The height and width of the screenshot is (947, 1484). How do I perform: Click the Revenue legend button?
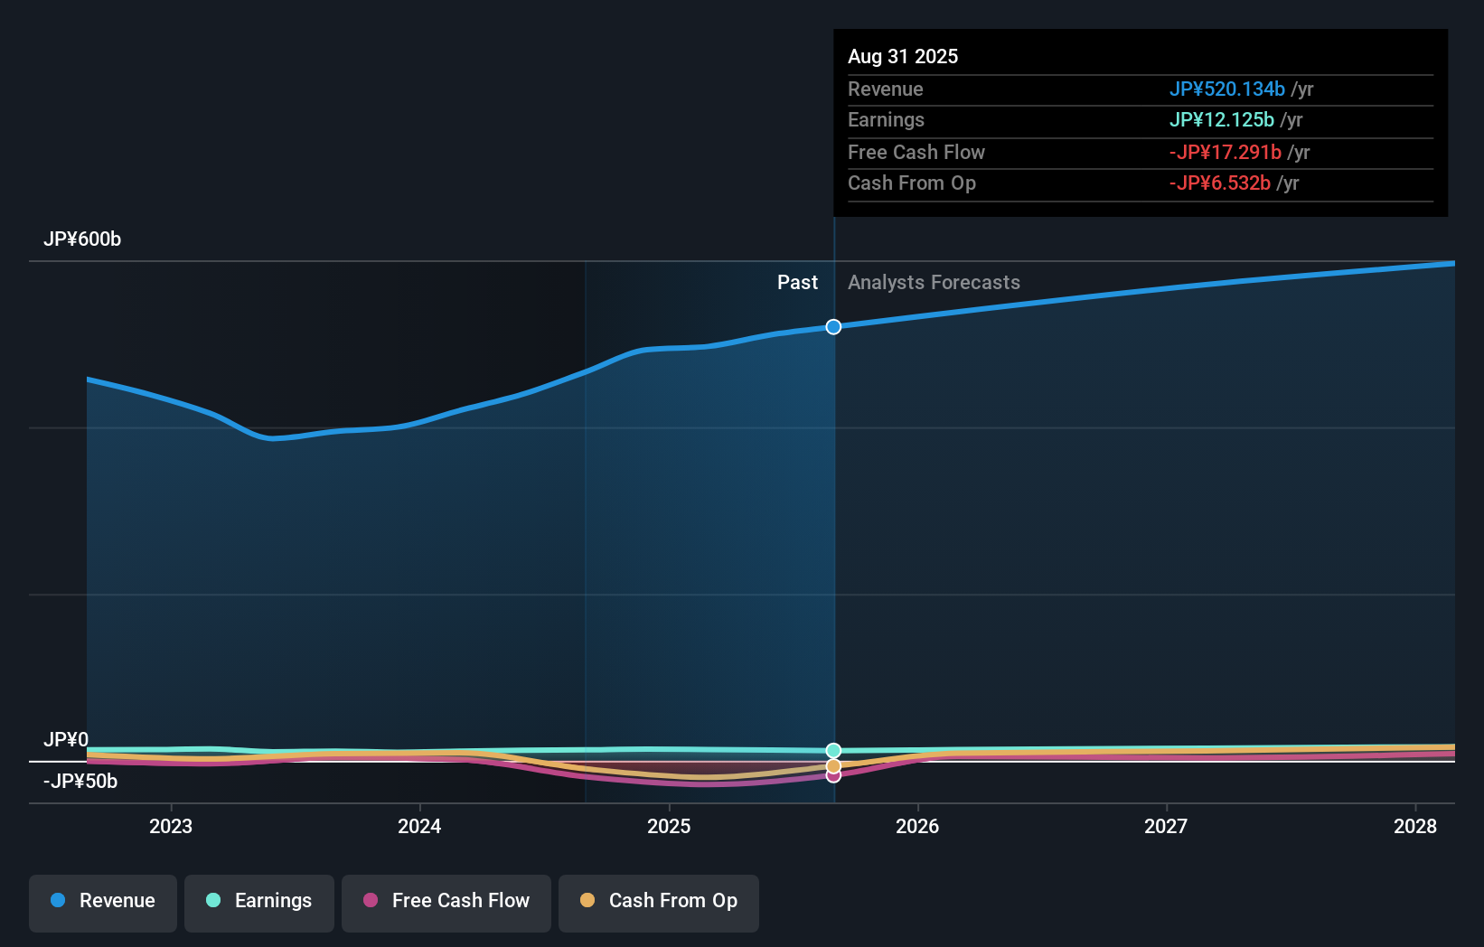point(103,901)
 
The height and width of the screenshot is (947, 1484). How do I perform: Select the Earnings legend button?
point(259,901)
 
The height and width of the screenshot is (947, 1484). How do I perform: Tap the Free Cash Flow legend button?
point(446,901)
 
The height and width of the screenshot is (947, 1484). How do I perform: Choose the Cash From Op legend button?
point(659,901)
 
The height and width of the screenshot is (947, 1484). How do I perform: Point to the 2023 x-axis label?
point(171,827)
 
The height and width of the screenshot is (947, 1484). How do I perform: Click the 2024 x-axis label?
point(419,827)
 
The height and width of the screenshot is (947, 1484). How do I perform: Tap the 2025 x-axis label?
point(669,827)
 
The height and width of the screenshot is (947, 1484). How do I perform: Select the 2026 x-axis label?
point(917,827)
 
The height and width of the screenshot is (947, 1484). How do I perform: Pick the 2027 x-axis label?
point(1166,827)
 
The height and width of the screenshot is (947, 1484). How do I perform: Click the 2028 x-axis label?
point(1414,827)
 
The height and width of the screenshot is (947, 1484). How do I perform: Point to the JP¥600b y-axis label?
point(82,239)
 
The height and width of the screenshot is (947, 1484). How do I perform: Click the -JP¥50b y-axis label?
point(80,782)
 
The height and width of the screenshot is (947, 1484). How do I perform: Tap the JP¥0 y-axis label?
point(66,740)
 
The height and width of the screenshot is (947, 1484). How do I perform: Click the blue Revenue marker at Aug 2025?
point(833,327)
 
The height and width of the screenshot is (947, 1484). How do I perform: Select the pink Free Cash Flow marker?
point(833,776)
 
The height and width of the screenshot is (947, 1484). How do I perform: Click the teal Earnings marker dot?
point(833,751)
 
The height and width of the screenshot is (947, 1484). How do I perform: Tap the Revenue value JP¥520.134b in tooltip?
point(1226,89)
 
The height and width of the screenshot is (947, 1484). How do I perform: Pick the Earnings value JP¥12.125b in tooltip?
point(1221,120)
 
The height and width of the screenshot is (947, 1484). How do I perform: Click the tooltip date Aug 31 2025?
point(903,57)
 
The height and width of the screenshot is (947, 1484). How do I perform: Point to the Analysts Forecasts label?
point(934,283)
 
